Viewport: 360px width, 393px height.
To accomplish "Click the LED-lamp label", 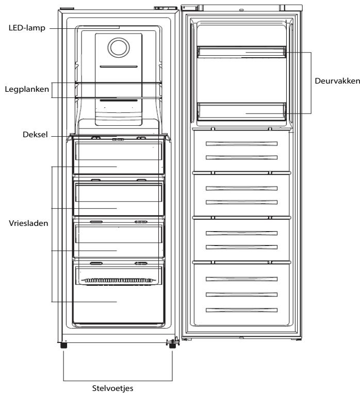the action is (27, 27).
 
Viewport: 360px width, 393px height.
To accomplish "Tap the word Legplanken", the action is (27, 89).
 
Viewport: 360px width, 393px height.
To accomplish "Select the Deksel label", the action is (35, 135).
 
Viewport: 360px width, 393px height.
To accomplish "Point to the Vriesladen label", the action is (28, 223).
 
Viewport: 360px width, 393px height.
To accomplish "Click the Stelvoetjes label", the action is (112, 388).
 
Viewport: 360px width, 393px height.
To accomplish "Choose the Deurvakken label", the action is (337, 80).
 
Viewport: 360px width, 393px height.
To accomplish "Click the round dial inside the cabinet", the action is (119, 47).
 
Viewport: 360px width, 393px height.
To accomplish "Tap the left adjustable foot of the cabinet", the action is (63, 345).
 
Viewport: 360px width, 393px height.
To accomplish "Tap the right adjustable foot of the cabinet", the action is (172, 346).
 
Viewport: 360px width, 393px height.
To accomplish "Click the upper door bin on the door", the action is (241, 52).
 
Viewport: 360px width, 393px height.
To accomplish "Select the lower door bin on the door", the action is (241, 111).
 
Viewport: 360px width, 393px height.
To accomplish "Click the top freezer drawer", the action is (118, 157).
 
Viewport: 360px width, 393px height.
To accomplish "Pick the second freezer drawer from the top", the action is (118, 197).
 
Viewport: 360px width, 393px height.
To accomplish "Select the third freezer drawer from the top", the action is (118, 239).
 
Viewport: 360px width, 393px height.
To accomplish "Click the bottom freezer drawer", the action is (118, 293).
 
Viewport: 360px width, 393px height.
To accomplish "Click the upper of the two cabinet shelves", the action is (119, 83).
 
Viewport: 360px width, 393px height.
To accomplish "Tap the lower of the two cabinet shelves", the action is (119, 97).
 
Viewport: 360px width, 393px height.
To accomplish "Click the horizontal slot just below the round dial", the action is (119, 67).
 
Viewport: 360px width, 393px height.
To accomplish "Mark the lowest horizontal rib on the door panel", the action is (241, 310).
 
